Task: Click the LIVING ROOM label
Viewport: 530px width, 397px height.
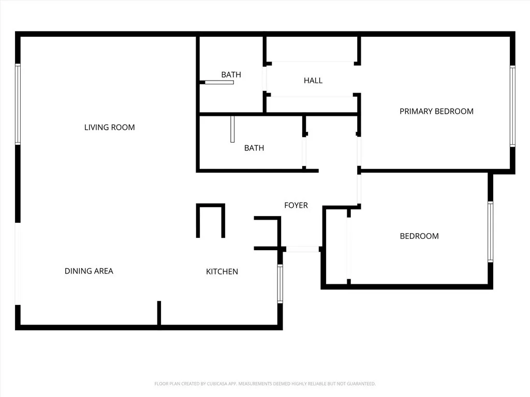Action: [109, 127]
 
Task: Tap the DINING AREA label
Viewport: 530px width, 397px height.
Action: [89, 271]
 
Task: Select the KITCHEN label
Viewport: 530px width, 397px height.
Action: [222, 271]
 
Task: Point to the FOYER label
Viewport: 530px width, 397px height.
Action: [296, 205]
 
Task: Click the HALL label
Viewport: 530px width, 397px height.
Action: [313, 80]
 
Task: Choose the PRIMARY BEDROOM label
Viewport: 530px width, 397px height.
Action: [436, 111]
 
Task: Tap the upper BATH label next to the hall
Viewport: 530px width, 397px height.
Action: [231, 74]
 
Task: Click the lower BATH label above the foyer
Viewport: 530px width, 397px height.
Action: [254, 148]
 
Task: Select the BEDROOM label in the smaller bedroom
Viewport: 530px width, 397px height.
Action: [419, 236]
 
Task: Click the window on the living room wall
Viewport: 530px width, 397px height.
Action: [18, 104]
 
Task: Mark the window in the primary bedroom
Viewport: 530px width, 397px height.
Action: [512, 106]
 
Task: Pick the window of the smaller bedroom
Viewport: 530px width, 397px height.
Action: [490, 232]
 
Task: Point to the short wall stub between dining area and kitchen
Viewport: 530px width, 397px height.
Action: [159, 313]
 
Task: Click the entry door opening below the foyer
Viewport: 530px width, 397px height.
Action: [303, 249]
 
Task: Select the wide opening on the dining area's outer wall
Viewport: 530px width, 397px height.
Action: [18, 264]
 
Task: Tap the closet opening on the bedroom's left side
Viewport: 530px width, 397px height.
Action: [349, 248]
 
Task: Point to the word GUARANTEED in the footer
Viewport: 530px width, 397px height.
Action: [361, 384]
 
